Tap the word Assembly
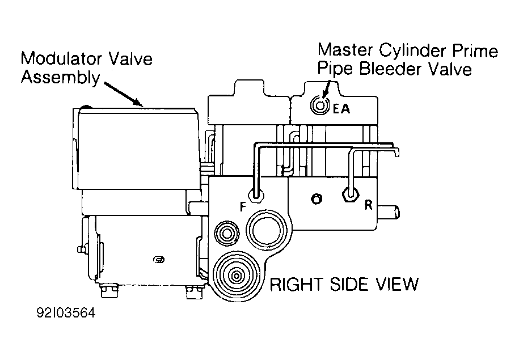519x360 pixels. tap(60, 78)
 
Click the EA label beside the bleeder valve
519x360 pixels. tap(341, 108)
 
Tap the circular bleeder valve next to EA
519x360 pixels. tap(320, 106)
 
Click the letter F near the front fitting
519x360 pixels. tap(243, 207)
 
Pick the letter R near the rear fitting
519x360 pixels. tap(368, 205)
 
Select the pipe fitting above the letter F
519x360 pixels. tap(255, 196)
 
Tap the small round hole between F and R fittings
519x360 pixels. tap(317, 198)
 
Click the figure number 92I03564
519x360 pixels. tap(66, 313)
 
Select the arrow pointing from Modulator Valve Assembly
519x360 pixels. tap(123, 94)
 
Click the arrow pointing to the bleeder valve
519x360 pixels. tap(326, 90)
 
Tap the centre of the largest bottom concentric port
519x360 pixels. tap(237, 275)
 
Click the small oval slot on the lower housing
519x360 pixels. tap(159, 260)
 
